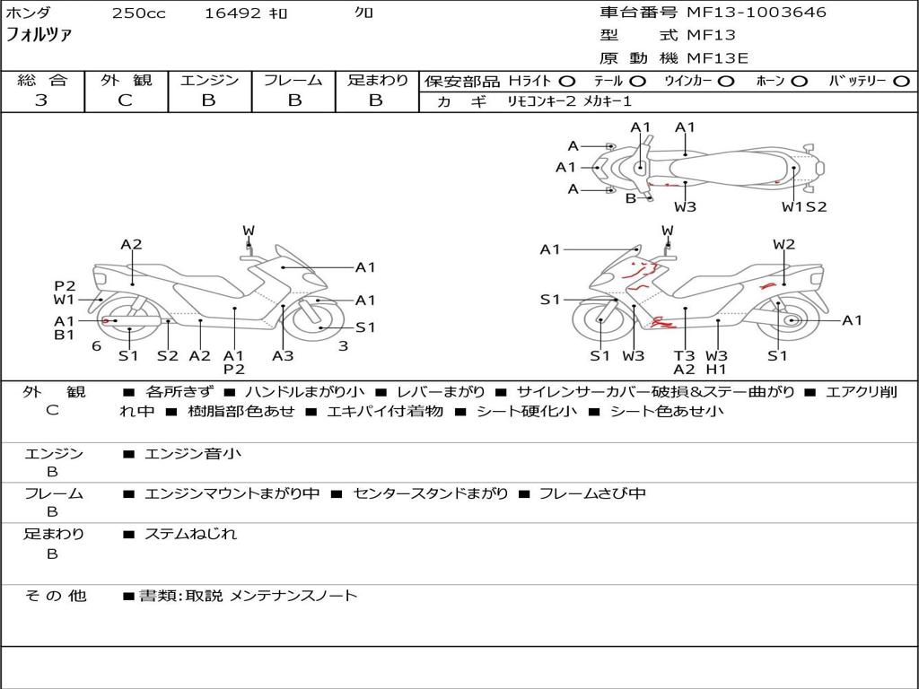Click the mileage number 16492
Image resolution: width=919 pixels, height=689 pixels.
click(232, 13)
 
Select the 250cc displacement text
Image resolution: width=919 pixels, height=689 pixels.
click(138, 13)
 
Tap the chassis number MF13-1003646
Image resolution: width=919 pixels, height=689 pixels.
click(757, 13)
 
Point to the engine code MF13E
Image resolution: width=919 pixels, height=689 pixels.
click(717, 58)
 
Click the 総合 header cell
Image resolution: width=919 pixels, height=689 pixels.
click(42, 81)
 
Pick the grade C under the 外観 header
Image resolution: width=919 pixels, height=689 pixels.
click(126, 100)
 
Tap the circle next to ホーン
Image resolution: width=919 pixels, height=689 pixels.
click(800, 82)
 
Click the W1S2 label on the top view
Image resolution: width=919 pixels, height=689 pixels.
click(804, 207)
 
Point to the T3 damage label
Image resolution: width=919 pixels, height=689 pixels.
click(685, 355)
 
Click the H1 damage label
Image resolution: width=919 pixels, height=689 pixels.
click(716, 369)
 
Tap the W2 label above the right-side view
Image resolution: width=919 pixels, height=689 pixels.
click(784, 244)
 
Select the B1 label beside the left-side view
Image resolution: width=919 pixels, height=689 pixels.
click(64, 335)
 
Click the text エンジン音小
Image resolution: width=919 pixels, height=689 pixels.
click(193, 454)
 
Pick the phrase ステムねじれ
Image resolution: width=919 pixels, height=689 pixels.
click(191, 534)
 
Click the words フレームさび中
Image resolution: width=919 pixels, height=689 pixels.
click(592, 493)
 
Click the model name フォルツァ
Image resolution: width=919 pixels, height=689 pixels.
click(39, 35)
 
